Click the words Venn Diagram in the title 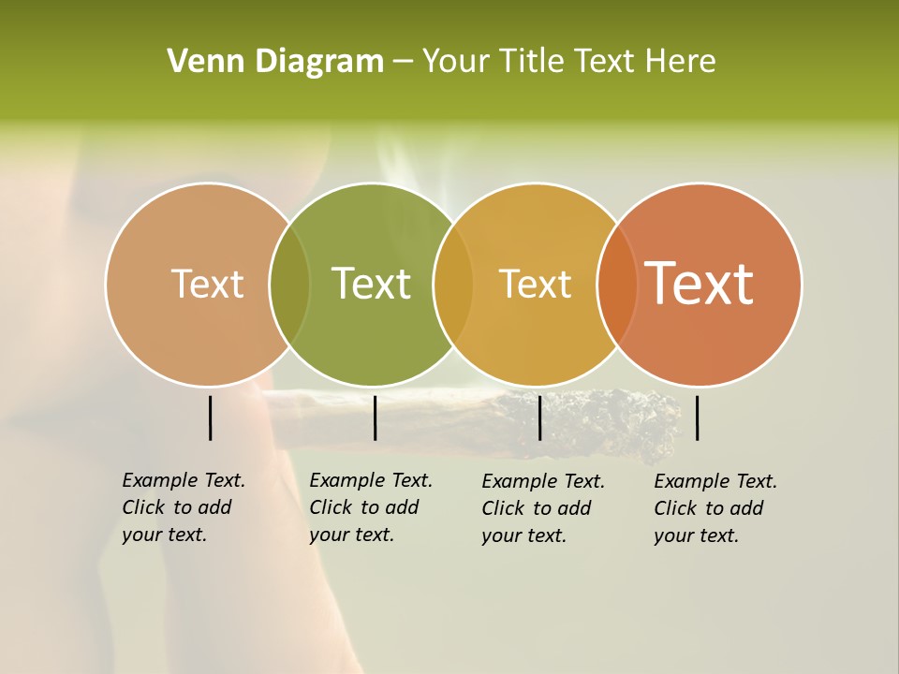275,62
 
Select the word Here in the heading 679,62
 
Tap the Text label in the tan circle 207,284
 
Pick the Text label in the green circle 372,284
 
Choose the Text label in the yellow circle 535,284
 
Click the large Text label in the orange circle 700,284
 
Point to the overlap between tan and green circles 289,285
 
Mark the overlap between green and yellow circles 453,285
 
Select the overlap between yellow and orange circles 616,285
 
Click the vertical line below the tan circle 210,418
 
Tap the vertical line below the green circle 375,418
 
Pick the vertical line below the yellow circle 539,418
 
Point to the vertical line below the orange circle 698,418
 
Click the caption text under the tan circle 184,507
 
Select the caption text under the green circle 371,507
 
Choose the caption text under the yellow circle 543,508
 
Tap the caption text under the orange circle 715,508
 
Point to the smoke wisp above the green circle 398,164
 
